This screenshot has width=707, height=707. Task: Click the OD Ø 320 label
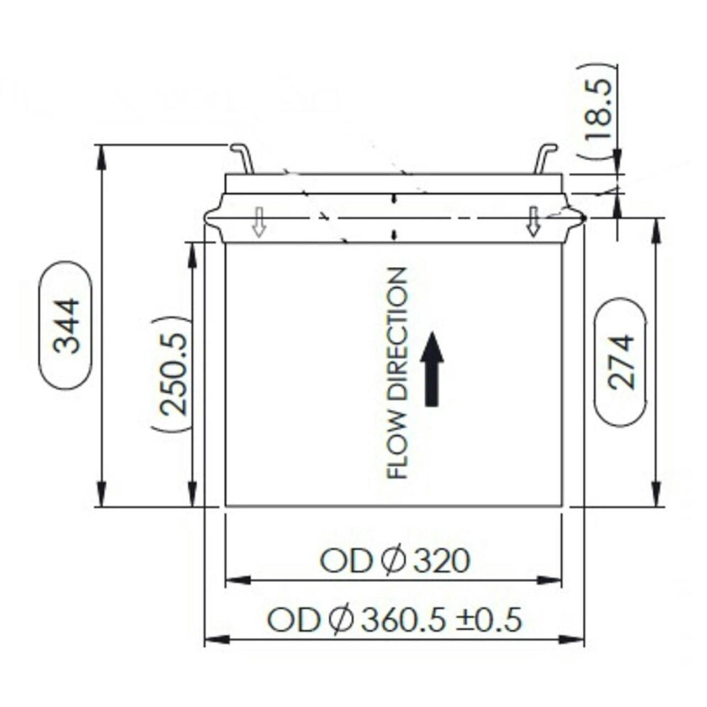click(395, 561)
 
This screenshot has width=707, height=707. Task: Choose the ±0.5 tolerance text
click(488, 620)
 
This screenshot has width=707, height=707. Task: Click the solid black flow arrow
click(432, 368)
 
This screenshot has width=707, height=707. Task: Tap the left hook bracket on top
click(242, 158)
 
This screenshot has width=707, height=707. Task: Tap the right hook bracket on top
click(545, 158)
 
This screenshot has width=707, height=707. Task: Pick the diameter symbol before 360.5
click(341, 620)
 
